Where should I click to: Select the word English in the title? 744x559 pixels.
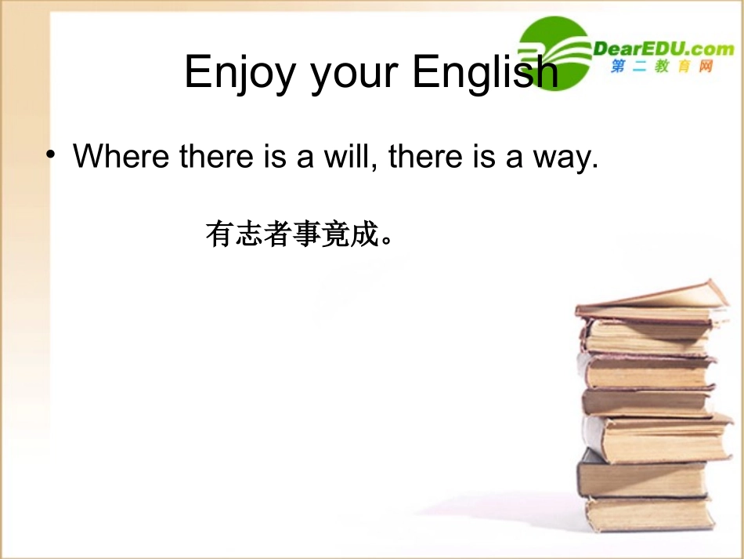[x=486, y=73]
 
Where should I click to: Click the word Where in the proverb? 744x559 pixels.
[x=121, y=156]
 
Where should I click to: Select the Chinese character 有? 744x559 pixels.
[x=220, y=234]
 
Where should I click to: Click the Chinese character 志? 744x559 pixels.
[x=249, y=234]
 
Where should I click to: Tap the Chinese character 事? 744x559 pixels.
[x=307, y=234]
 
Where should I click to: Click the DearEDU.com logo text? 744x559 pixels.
[x=663, y=49]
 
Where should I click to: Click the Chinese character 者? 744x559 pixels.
[x=278, y=234]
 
